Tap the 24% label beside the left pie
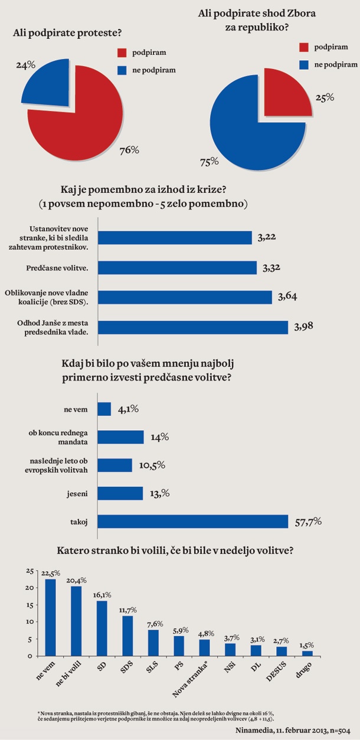click(25, 64)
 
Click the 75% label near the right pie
click(210, 161)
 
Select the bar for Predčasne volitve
click(177, 268)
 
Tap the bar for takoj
click(192, 522)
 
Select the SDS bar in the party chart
click(128, 636)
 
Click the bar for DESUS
click(282, 651)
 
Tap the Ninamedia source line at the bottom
click(309, 730)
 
